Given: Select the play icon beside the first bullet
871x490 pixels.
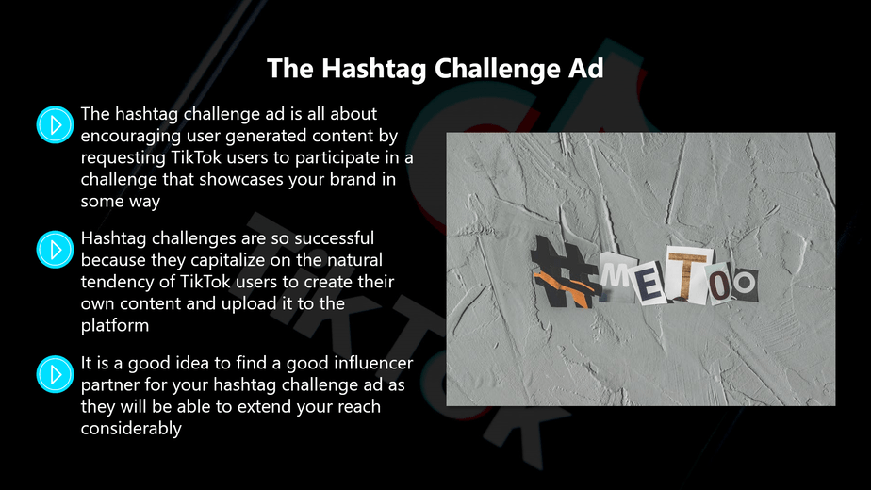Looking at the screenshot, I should point(55,124).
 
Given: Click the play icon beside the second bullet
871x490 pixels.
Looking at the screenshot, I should point(55,249).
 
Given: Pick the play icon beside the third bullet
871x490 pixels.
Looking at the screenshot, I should point(55,373).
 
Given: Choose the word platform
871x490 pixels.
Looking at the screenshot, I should point(115,326).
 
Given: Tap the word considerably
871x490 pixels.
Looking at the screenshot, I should point(131,428).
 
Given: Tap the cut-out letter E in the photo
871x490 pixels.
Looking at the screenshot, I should point(652,286).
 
